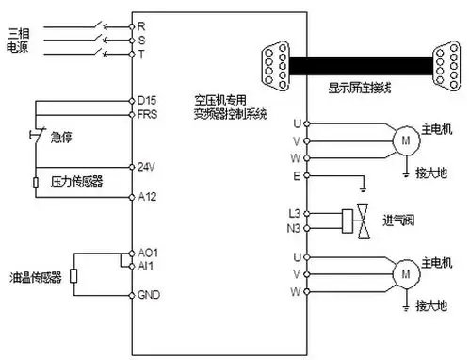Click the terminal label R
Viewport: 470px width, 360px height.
142,26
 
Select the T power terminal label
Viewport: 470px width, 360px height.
142,54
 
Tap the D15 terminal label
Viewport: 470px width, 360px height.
146,99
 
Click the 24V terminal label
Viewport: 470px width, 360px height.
146,166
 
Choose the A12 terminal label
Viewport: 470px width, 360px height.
146,197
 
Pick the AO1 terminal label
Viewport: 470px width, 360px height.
147,253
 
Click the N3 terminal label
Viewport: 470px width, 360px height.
294,226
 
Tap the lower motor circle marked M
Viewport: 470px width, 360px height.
406,274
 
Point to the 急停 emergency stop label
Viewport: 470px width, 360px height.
61,138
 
